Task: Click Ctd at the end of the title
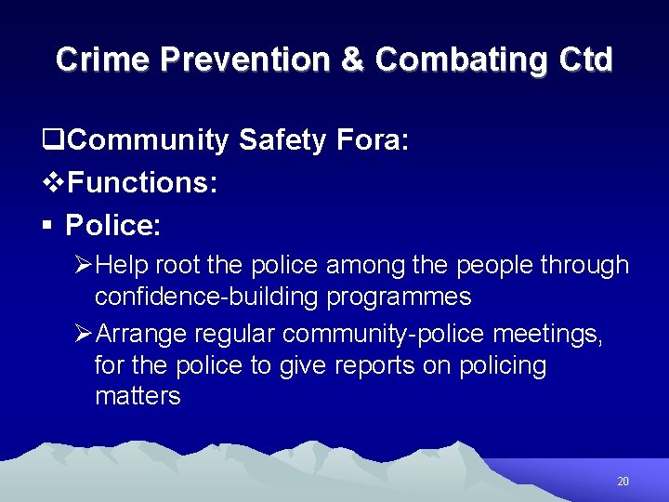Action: (586, 59)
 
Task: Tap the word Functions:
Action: (143, 182)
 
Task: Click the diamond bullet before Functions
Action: (56, 183)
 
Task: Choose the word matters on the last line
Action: (138, 396)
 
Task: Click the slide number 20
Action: (623, 482)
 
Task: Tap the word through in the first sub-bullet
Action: (585, 266)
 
